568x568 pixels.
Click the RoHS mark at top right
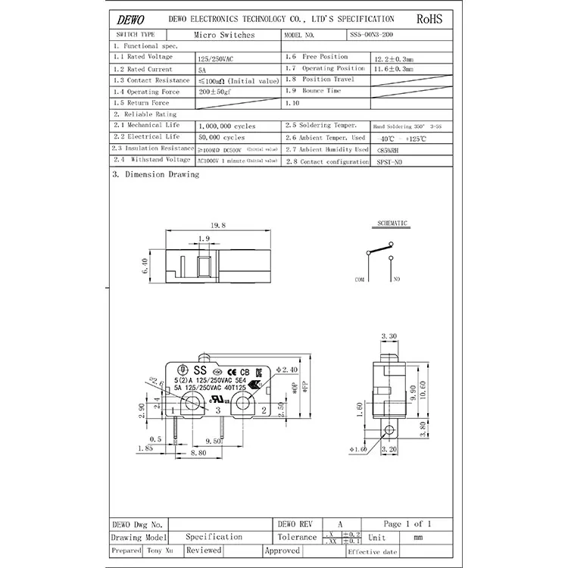[x=429, y=18]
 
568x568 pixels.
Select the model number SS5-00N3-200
[x=372, y=35]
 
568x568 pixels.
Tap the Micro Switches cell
[x=224, y=35]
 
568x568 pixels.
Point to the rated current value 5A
[x=201, y=69]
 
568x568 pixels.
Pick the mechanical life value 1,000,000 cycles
[x=226, y=126]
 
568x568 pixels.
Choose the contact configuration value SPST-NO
[x=390, y=162]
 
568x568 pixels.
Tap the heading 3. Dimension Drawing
[x=155, y=174]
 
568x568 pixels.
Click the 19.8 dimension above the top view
[x=218, y=226]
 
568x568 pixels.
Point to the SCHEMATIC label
[x=392, y=223]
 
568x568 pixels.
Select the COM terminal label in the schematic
[x=360, y=279]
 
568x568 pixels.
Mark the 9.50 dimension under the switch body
[x=213, y=441]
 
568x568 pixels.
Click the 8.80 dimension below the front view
[x=198, y=453]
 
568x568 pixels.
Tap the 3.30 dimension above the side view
[x=389, y=335]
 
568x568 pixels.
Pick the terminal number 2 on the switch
[x=262, y=410]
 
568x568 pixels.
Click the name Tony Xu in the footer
[x=158, y=551]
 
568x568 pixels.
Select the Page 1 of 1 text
[x=407, y=523]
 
